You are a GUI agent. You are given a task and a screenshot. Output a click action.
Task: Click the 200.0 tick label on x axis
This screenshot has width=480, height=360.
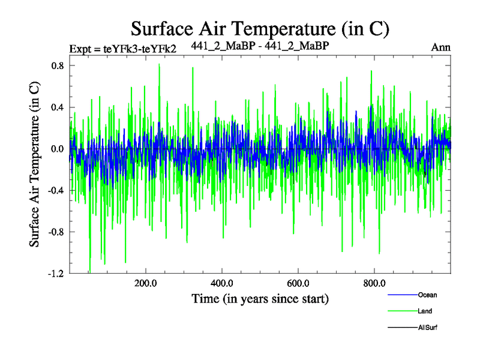(x=146, y=284)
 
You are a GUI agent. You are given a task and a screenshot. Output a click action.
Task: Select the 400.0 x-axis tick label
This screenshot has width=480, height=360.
(x=222, y=284)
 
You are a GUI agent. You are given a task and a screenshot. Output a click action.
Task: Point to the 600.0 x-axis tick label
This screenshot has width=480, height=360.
(x=298, y=284)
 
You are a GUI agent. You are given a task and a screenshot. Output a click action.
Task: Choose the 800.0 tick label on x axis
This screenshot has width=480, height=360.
(x=374, y=284)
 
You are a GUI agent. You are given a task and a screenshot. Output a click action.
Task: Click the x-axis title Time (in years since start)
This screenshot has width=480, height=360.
(x=260, y=298)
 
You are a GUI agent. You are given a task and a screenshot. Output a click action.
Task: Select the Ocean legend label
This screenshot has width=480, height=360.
(x=428, y=295)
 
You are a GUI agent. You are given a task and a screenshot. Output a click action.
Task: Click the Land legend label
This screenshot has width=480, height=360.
(x=425, y=311)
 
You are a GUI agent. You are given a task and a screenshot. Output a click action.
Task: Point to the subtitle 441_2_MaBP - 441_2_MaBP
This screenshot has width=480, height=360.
(x=260, y=46)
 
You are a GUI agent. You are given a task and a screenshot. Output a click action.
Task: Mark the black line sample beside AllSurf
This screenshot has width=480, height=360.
(x=402, y=327)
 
